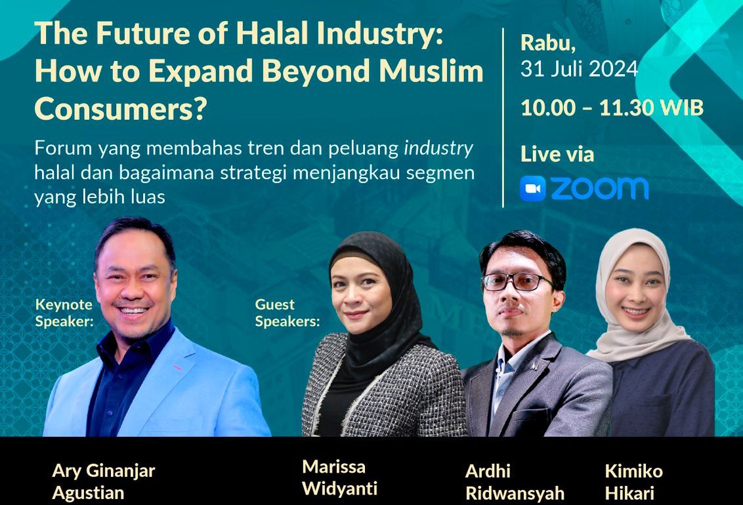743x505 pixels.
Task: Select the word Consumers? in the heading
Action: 121,109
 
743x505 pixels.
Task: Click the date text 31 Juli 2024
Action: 579,69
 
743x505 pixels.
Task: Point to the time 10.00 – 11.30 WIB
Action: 612,108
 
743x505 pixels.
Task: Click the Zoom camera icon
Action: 532,189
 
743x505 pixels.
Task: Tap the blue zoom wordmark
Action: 599,189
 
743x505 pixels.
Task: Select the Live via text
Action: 557,154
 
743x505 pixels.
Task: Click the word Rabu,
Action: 548,43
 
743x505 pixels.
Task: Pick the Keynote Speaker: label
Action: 64,313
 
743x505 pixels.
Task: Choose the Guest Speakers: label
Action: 287,313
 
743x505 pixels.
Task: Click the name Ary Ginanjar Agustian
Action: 103,482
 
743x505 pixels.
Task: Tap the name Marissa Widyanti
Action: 339,477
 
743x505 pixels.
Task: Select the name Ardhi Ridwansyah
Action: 515,482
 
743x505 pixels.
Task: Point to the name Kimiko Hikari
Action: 633,482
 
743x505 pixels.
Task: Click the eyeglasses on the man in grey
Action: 517,282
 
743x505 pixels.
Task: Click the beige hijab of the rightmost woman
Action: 637,303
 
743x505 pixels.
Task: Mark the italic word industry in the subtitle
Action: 438,149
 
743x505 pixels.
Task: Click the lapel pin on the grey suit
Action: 534,365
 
